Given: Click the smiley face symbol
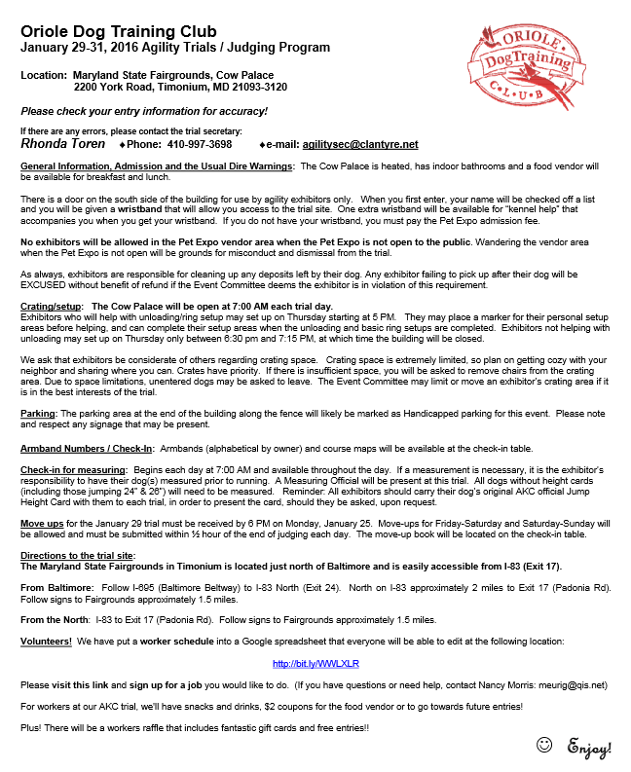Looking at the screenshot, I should point(544,746).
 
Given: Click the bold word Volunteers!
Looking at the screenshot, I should point(46,642).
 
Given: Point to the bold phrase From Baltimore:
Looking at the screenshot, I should point(56,588).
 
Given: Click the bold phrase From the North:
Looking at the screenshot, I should point(57,620).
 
